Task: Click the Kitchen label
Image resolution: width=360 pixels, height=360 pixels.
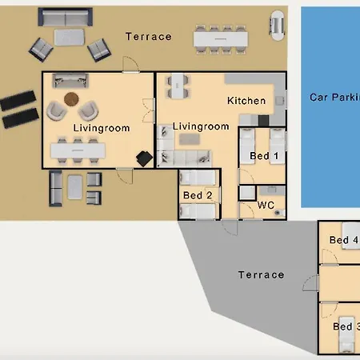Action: coord(246,101)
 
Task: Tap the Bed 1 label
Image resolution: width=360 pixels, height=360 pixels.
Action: coord(264,156)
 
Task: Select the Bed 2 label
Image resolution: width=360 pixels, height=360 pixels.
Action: coord(198,195)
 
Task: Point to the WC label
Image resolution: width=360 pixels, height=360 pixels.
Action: coord(266,205)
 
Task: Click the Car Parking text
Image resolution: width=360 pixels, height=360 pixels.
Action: coord(334,98)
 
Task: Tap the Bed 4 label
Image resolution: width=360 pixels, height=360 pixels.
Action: coord(344,240)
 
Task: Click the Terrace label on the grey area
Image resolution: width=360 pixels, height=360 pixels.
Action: coord(262,274)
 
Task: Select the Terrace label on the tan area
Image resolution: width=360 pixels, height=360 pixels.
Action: coord(149,37)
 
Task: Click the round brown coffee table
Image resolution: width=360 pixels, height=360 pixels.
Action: coord(71,99)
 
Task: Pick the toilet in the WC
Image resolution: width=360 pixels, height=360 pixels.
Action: coord(279,213)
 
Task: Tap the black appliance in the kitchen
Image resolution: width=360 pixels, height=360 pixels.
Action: coord(263,121)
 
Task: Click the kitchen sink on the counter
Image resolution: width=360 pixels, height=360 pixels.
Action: coord(279,101)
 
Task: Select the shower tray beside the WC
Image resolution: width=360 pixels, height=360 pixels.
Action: coord(247,193)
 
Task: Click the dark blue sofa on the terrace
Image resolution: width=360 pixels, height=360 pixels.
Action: coord(66,17)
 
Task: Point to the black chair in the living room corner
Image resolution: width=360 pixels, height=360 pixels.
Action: coord(144,158)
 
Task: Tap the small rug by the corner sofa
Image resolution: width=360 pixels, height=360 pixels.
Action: coord(190,139)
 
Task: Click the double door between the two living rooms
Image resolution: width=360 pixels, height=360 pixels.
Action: coord(149,110)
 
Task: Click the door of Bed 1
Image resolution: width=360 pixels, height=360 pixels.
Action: coord(246,176)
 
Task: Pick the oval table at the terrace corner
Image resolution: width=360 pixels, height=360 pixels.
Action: coord(278,26)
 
